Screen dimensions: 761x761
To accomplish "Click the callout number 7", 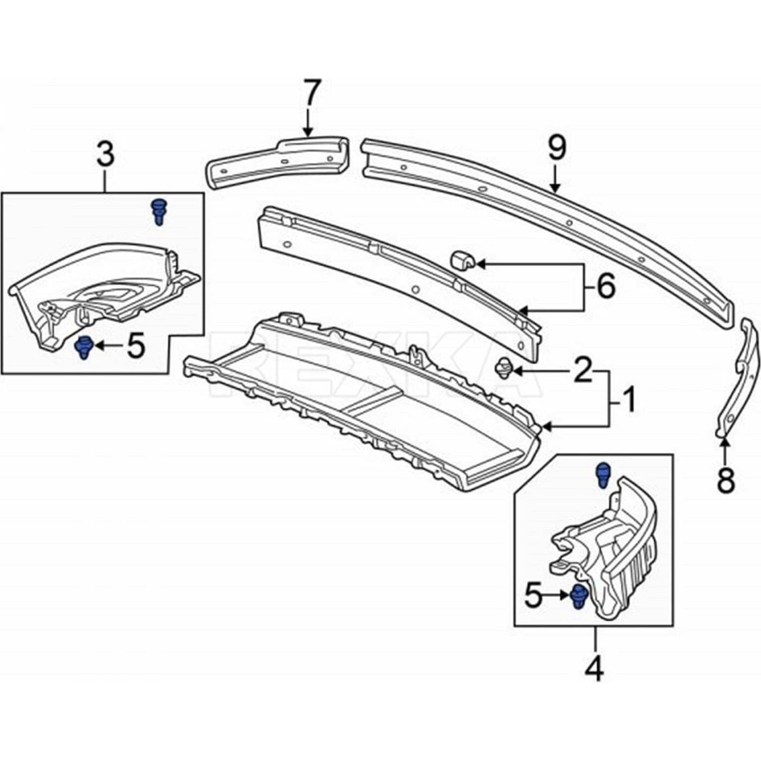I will tap(312, 94).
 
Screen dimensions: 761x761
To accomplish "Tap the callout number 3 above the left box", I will tap(106, 154).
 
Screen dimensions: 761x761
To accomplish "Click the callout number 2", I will tap(582, 371).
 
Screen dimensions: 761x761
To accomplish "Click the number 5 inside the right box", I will tap(534, 596).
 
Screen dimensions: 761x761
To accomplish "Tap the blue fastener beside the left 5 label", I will tap(83, 347).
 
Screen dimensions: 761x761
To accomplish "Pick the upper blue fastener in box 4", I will tap(603, 475).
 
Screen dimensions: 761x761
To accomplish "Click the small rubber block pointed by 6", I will tap(462, 260).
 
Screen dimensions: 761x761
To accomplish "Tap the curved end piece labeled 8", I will tap(740, 381).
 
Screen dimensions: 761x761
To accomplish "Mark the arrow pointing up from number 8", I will tap(725, 446).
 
